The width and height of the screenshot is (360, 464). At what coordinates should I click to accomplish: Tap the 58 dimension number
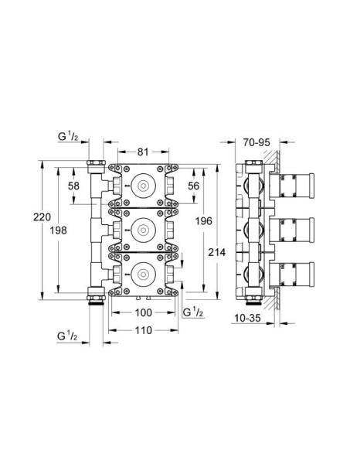coord(73,186)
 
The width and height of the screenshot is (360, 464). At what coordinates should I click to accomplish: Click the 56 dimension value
coord(194,186)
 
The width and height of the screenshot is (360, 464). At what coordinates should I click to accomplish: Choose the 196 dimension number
coord(205,221)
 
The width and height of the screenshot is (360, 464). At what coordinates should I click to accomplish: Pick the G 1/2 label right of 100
coord(194,312)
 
